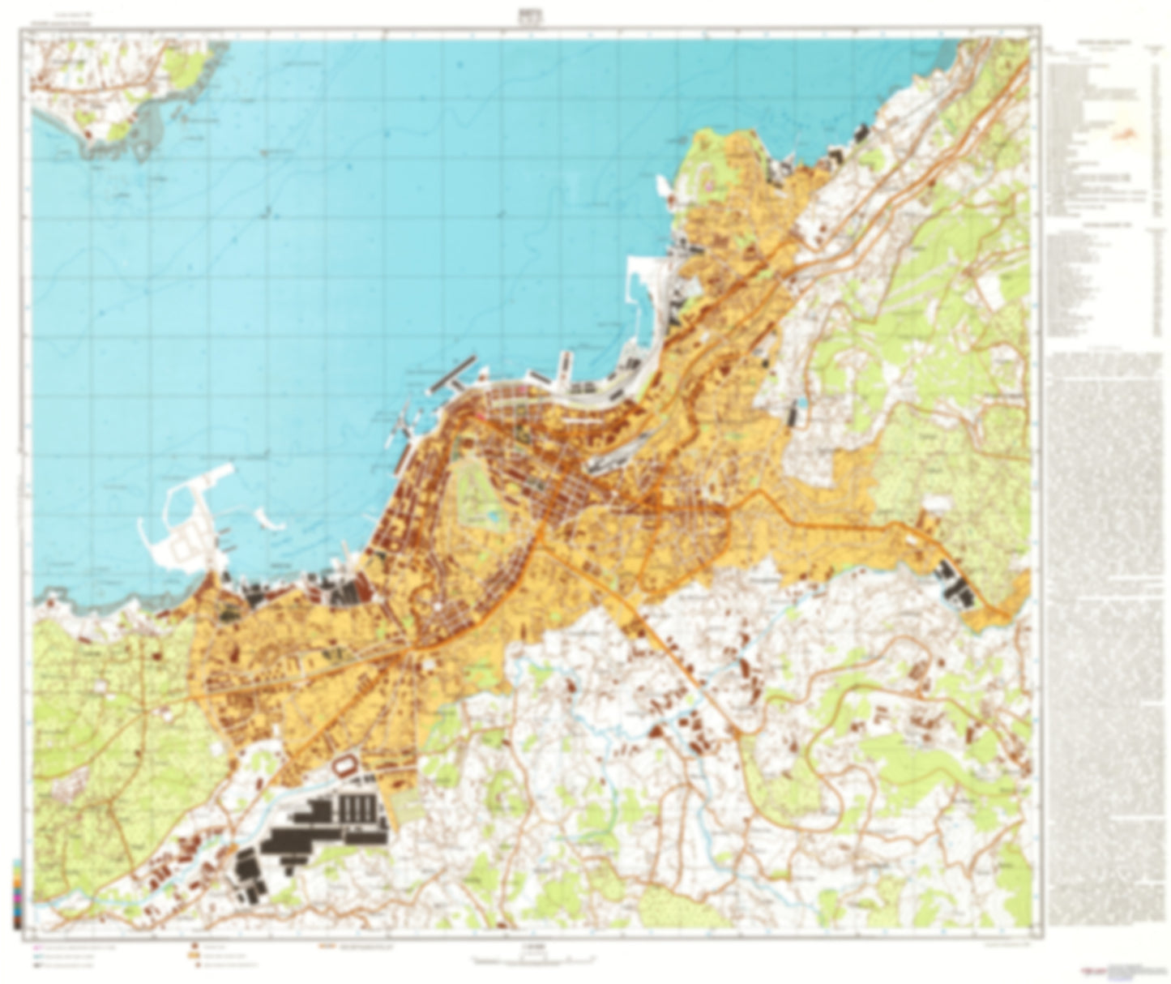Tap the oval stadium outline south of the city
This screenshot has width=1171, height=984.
pos(348,764)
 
